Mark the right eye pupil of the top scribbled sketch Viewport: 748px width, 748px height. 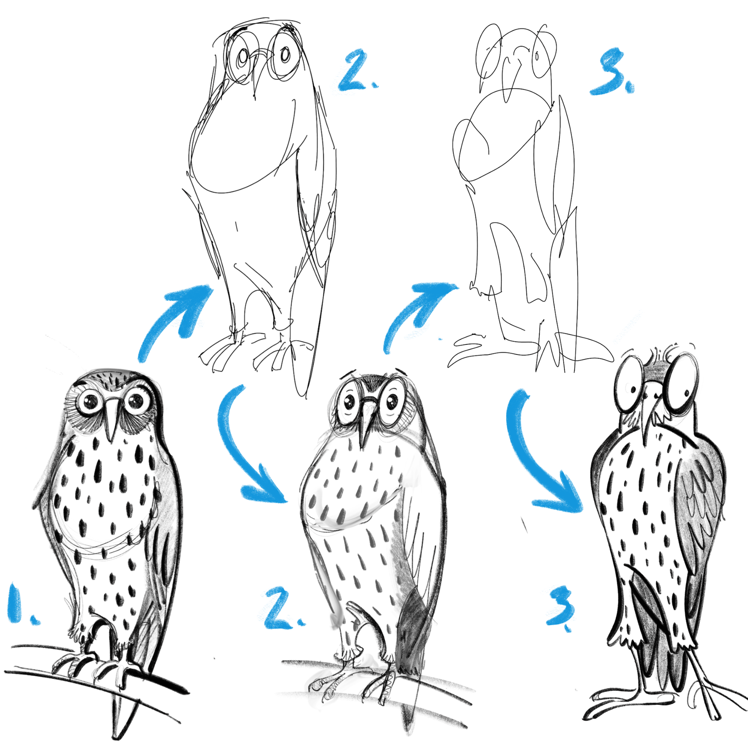(285, 55)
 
